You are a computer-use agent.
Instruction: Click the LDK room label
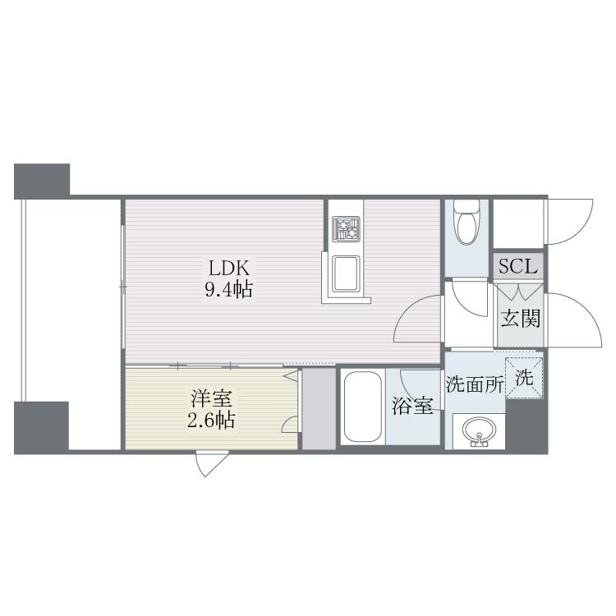tap(229, 269)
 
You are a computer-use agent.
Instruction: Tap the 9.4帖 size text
tap(228, 290)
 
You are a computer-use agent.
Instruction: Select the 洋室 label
tap(211, 398)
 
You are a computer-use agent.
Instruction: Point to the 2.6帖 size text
tap(211, 421)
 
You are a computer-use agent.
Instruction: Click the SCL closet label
tap(518, 266)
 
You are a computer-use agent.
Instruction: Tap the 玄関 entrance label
tap(521, 318)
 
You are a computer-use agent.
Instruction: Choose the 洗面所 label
tap(475, 384)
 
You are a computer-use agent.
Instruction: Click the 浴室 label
tap(412, 406)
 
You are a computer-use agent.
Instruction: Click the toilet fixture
tap(467, 223)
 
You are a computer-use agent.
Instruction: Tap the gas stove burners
tap(346, 229)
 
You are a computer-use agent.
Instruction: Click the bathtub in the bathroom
tap(362, 407)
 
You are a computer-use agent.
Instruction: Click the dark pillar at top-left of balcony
tap(42, 182)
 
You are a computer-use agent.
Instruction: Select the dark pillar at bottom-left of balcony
tap(41, 427)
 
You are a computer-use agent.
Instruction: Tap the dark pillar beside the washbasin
tap(526, 426)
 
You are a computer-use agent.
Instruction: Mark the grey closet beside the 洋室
tap(319, 408)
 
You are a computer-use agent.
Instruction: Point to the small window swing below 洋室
tap(211, 465)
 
